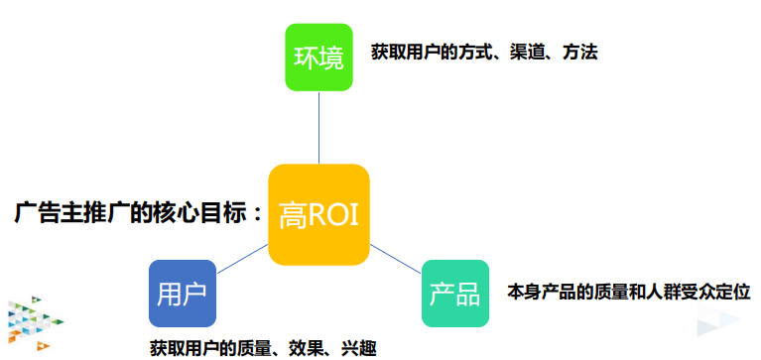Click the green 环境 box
[x=318, y=57]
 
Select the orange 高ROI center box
[x=318, y=214]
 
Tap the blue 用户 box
[x=182, y=294]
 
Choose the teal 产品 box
[x=455, y=294]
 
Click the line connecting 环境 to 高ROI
[x=318, y=128]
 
